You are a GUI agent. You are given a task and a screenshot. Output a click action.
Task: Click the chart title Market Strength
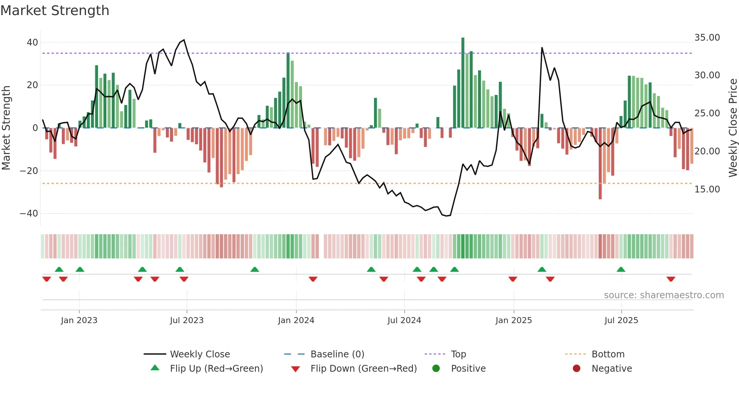[55, 11]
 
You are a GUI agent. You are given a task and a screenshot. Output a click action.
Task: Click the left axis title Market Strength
[6, 128]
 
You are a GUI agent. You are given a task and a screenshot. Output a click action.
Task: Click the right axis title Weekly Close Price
[733, 128]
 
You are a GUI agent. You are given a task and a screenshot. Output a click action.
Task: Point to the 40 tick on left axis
[32, 43]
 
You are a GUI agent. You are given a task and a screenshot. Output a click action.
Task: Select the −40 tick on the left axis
[29, 214]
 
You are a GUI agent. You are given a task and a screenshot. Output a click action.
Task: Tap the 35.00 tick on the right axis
[707, 38]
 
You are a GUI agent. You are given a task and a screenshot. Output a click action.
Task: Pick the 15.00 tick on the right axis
[707, 189]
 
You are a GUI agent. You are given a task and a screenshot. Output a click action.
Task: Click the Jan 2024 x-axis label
[296, 320]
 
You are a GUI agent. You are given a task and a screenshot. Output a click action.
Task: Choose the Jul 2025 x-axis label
[621, 320]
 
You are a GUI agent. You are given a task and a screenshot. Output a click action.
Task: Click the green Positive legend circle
[436, 369]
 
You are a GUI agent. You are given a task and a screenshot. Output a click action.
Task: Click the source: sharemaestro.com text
[664, 295]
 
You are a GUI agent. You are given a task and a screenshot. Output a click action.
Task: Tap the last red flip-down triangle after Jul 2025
[671, 279]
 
